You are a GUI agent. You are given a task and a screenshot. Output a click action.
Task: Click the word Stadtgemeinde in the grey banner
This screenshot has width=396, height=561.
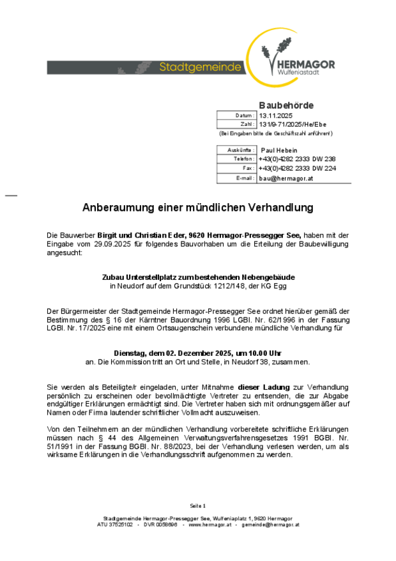(201, 67)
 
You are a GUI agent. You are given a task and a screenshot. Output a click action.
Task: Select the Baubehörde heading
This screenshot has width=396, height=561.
(286, 105)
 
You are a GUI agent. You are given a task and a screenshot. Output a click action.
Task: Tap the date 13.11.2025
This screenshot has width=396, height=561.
(275, 115)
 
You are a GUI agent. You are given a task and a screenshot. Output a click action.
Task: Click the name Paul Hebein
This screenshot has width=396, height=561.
(279, 150)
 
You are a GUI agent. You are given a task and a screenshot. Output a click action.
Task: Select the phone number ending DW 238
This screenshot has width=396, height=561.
(297, 158)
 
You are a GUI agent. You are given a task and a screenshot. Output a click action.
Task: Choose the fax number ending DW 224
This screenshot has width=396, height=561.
(297, 168)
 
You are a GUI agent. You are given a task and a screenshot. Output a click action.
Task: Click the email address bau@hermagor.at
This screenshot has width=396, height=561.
(286, 178)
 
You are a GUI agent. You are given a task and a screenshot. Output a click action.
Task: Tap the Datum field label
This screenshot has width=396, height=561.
(245, 115)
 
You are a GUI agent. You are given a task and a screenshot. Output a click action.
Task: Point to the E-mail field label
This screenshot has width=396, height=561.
(245, 178)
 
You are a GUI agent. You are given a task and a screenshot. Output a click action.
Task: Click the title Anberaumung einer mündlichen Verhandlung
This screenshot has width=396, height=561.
(197, 208)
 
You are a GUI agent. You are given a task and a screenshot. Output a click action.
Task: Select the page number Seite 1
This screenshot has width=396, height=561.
(198, 505)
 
